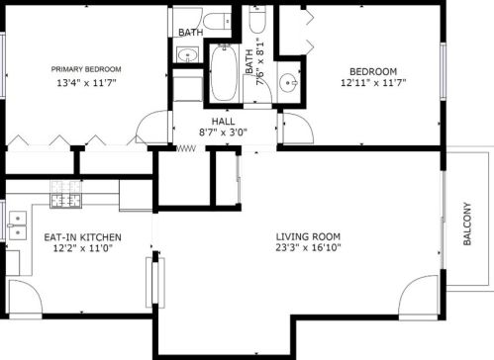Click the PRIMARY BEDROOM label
click(86, 69)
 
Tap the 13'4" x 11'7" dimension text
click(87, 82)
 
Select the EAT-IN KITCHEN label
click(82, 237)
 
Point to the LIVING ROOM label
click(308, 236)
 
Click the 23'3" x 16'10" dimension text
click(308, 247)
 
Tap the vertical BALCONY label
click(467, 224)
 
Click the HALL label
click(224, 121)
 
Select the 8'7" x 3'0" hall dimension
click(223, 133)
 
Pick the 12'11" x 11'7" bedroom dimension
click(373, 82)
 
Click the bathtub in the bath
click(225, 73)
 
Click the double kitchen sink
click(18, 225)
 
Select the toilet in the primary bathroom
click(217, 22)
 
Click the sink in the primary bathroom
click(188, 54)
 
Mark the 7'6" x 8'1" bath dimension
click(255, 61)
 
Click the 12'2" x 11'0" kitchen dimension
click(83, 248)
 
